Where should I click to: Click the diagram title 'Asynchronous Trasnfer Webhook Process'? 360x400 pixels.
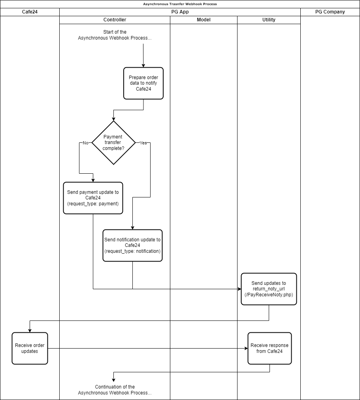point(180,4)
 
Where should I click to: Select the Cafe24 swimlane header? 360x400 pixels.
point(30,12)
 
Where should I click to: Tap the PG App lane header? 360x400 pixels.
point(180,12)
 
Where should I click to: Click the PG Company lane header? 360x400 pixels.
point(330,12)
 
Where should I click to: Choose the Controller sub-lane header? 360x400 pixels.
point(115,20)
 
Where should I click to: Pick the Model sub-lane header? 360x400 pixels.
point(204,20)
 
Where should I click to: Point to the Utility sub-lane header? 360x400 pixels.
point(269,20)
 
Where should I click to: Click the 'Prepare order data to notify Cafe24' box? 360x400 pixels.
point(143,83)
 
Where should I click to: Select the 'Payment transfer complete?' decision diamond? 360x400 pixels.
point(113,142)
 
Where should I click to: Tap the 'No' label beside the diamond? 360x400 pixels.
point(85,143)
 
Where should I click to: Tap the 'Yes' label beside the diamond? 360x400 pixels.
point(143,143)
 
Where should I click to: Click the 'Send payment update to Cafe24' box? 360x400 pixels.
point(93,198)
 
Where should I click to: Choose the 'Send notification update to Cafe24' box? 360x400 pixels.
point(132,245)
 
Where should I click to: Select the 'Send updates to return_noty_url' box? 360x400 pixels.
point(269,289)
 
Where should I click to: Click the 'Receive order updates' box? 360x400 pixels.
point(30,348)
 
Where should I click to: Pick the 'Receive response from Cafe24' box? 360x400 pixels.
point(270,348)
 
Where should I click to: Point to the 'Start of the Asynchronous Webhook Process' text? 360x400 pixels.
point(115,35)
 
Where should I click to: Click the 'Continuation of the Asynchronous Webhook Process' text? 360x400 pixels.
point(115,390)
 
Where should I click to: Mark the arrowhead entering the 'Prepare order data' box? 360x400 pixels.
point(143,65)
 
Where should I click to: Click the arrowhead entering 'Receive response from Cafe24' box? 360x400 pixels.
point(246,348)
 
